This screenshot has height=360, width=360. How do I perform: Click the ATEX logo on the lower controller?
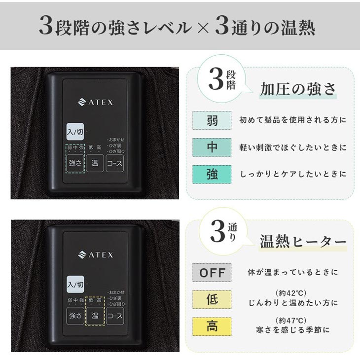96,255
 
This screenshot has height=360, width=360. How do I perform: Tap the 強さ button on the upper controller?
75,162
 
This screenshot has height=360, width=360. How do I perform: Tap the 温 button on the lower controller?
95,315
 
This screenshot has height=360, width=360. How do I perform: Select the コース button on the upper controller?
115,162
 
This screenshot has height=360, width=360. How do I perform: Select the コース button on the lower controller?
115,315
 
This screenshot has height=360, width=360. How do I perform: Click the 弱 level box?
212,120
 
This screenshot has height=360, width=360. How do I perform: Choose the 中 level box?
212,147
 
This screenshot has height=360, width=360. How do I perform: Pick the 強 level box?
212,174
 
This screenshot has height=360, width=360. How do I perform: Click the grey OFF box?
212,272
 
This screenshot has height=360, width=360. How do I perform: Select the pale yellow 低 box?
212,299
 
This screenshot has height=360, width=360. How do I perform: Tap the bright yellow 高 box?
212,326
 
